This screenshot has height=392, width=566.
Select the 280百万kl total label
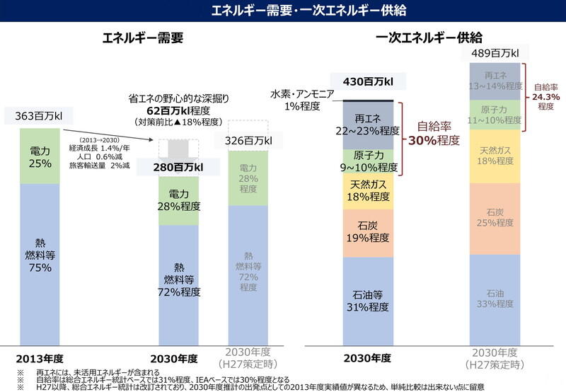pos(179,168)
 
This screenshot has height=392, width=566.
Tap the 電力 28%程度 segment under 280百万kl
pos(179,200)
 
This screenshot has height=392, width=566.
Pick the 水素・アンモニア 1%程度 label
pos(296,100)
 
